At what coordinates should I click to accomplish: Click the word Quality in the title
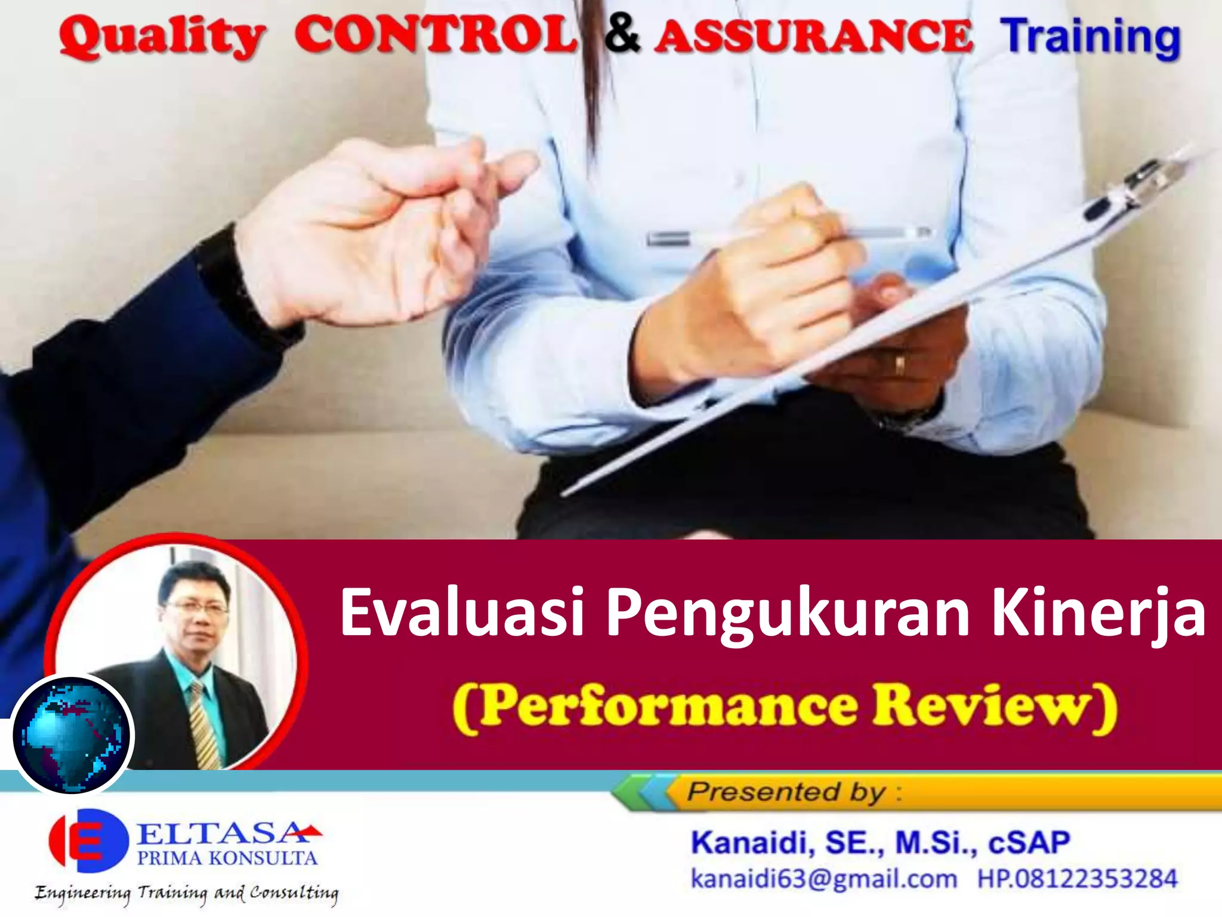tap(161, 37)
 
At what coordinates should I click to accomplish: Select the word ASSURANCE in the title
tap(814, 36)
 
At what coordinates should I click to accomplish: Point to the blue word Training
tap(1090, 37)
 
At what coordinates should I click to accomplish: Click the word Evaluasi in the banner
tap(462, 613)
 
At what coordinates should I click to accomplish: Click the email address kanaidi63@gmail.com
tap(823, 879)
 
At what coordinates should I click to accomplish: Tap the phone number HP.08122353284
tap(1077, 879)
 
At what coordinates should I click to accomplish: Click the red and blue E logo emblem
tap(88, 841)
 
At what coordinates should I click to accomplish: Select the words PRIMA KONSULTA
tap(227, 858)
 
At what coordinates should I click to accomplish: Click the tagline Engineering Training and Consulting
tap(186, 893)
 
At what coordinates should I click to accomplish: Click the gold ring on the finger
tap(899, 364)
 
